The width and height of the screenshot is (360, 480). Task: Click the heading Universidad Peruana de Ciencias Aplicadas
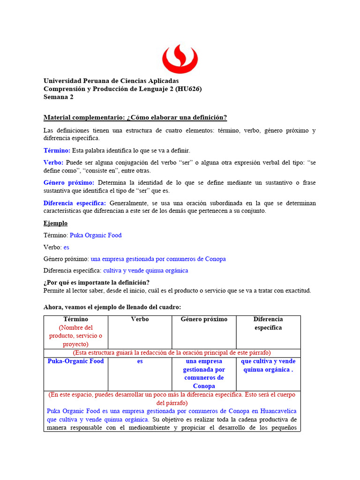click(x=111, y=81)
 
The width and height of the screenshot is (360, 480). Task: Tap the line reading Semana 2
click(x=59, y=97)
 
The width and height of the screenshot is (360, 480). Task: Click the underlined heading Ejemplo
click(x=55, y=223)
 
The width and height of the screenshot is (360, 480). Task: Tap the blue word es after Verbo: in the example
click(x=67, y=247)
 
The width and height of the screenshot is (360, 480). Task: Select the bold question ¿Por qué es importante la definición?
click(x=97, y=282)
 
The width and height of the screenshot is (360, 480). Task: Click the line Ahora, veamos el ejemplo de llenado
click(x=112, y=307)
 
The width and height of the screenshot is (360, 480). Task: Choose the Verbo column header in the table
click(x=140, y=319)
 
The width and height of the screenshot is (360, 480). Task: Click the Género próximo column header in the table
click(x=204, y=319)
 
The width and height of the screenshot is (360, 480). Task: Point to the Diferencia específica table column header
click(x=268, y=323)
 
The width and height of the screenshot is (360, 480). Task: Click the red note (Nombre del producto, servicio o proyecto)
click(x=76, y=336)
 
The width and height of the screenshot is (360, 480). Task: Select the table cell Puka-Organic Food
click(x=76, y=361)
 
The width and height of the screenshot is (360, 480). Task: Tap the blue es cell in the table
click(x=140, y=361)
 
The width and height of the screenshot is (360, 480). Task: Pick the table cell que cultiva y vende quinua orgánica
click(x=268, y=365)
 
